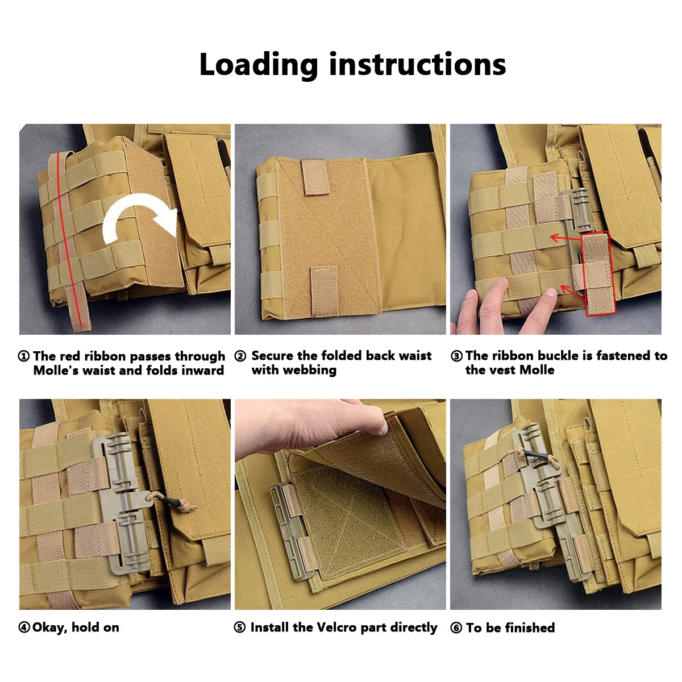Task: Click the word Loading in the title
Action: [259, 65]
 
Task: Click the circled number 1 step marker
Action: [24, 356]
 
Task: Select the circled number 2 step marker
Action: [240, 356]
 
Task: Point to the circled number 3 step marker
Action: [456, 356]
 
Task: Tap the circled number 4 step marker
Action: [24, 627]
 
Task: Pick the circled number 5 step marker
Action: [240, 627]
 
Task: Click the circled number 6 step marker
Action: [456, 628]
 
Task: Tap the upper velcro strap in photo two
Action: [315, 177]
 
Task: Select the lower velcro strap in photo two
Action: [325, 291]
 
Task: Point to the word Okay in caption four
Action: [50, 627]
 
